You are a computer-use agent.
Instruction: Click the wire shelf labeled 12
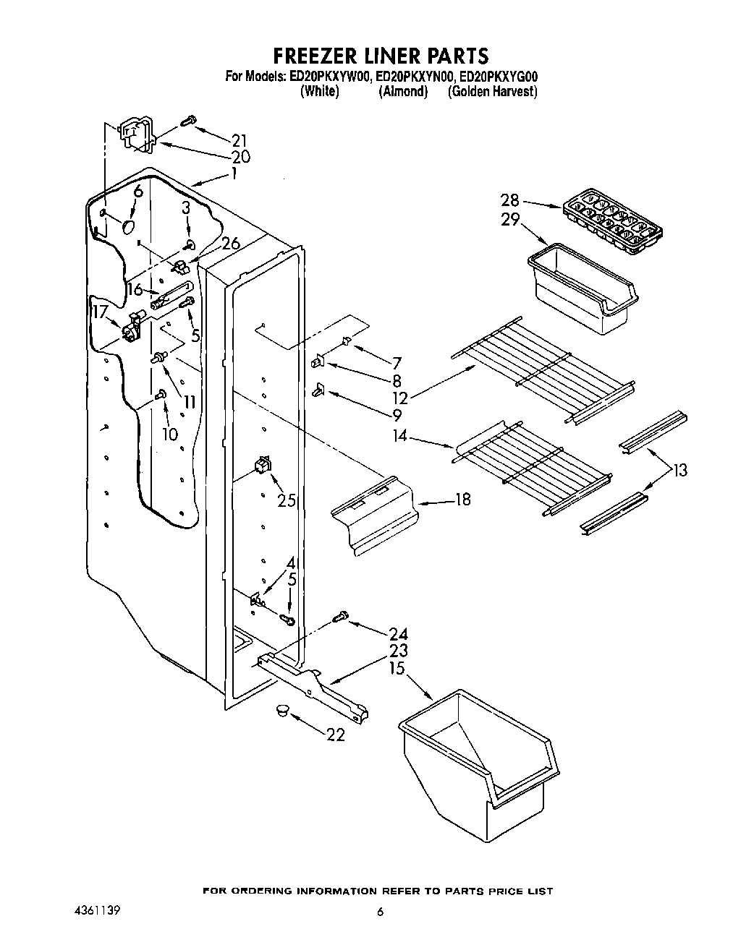[x=543, y=369]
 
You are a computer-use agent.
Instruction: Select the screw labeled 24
[x=339, y=617]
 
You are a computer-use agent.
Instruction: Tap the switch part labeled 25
[x=262, y=464]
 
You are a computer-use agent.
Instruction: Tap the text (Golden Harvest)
[x=492, y=92]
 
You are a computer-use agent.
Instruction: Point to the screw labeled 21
[x=190, y=120]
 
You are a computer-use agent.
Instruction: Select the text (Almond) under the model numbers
[x=403, y=92]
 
